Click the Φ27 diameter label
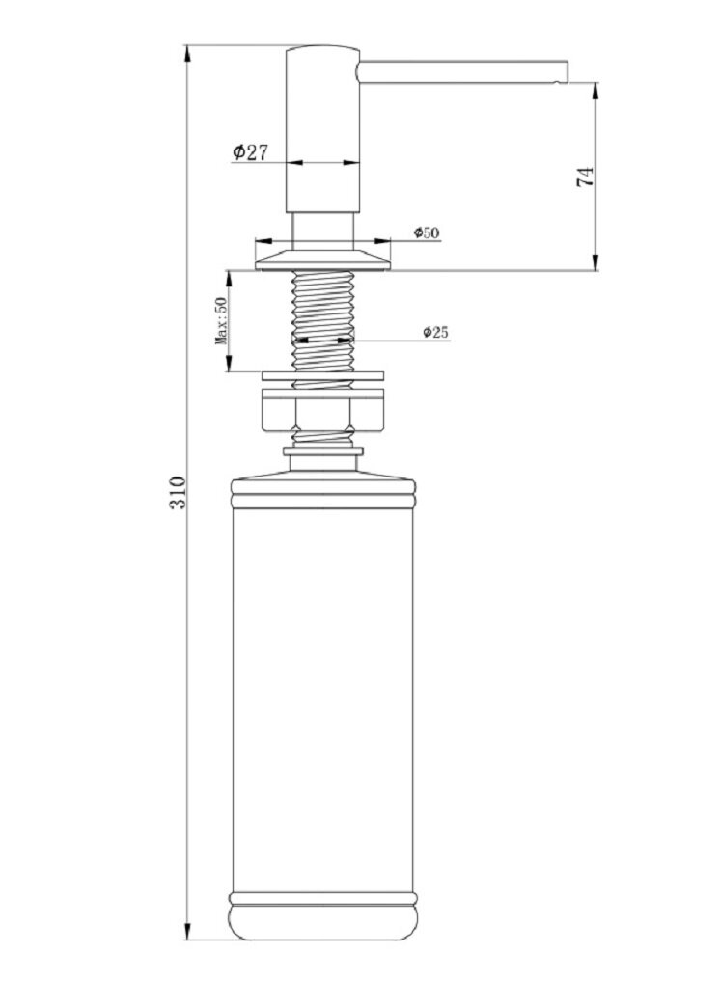coord(250,151)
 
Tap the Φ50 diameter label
coord(427,232)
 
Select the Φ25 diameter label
coord(435,332)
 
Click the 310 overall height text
coord(178,492)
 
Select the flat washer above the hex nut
coord(323,376)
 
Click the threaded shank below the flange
coord(323,321)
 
